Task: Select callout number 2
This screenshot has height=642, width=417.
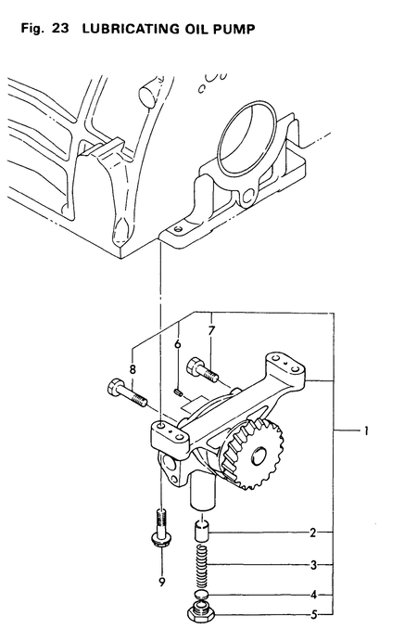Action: pyautogui.click(x=314, y=533)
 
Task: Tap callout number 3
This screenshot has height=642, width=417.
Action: pyautogui.click(x=314, y=564)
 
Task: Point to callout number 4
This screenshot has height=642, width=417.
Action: pyautogui.click(x=314, y=594)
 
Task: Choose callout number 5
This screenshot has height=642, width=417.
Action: pyautogui.click(x=314, y=613)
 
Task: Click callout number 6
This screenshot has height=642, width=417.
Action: pyautogui.click(x=177, y=344)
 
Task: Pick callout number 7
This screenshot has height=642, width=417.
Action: pyautogui.click(x=211, y=329)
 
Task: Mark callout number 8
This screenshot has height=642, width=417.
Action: pyautogui.click(x=133, y=368)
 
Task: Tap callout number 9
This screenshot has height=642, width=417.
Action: pyautogui.click(x=160, y=582)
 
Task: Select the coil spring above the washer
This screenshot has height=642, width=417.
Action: pyautogui.click(x=203, y=566)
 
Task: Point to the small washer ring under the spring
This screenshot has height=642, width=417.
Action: pyautogui.click(x=203, y=595)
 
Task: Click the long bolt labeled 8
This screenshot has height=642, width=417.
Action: pyautogui.click(x=127, y=393)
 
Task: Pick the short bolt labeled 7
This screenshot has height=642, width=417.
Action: pyautogui.click(x=202, y=370)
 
